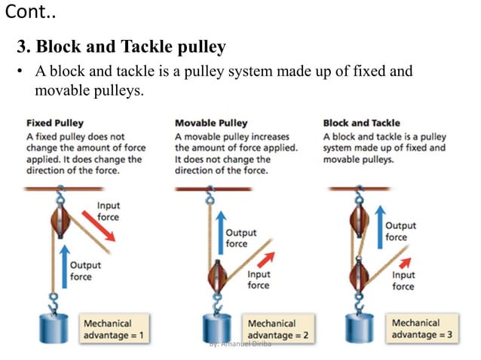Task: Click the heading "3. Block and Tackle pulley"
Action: point(121,47)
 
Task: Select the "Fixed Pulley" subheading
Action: point(55,123)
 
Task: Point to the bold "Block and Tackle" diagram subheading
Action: point(361,123)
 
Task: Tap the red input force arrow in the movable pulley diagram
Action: point(263,259)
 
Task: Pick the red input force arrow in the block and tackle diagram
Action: point(406,261)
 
